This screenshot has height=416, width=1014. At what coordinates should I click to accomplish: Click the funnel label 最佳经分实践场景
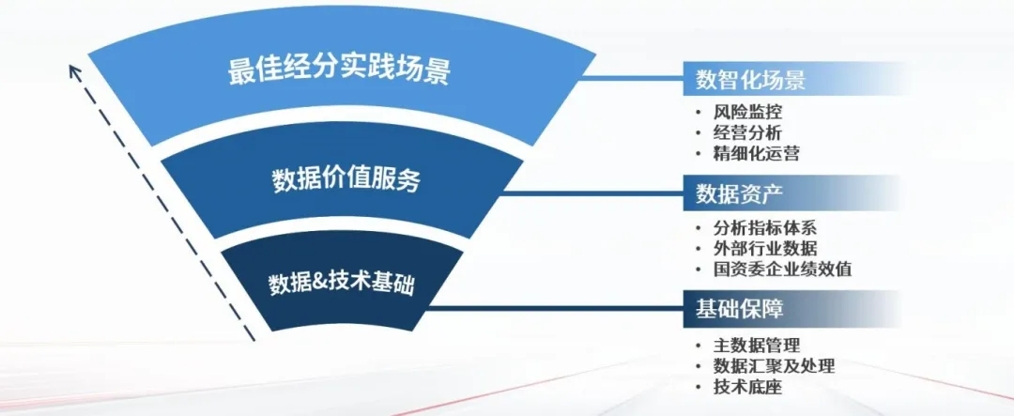[339, 71]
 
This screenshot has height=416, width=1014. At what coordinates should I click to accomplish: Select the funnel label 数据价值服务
[346, 180]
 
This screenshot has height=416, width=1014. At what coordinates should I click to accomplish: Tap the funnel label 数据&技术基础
[341, 284]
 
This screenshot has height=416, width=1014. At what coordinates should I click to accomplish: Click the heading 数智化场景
[750, 80]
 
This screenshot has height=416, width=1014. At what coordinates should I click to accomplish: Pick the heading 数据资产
[739, 193]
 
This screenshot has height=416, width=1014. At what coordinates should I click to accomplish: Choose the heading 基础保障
[739, 309]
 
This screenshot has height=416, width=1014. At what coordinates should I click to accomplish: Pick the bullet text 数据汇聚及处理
[774, 365]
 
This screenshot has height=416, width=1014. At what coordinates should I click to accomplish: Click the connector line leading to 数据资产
[593, 193]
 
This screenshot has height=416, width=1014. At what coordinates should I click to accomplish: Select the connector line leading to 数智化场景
[633, 78]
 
